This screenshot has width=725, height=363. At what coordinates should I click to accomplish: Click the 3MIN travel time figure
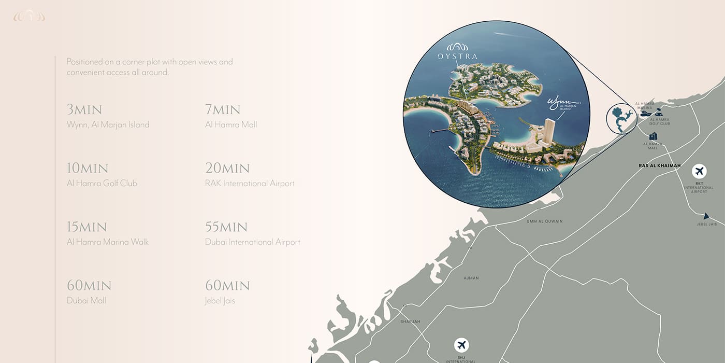coord(84,110)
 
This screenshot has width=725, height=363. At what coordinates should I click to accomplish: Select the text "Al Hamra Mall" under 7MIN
coord(231,124)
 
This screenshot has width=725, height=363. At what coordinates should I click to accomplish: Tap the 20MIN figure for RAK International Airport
coord(227,169)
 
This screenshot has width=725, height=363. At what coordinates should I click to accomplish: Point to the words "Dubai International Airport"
coord(253,242)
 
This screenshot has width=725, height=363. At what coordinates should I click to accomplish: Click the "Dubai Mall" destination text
coord(86,300)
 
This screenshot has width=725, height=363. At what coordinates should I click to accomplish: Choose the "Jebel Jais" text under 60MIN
coord(220,300)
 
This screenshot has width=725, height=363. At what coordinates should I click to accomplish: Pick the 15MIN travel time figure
coord(87,227)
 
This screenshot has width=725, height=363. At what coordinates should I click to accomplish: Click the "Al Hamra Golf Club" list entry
coord(102,183)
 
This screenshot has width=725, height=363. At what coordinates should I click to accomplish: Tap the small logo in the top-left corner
coord(29,17)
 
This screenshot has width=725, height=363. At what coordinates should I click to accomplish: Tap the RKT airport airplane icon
coord(699,171)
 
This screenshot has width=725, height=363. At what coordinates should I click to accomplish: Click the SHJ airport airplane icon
coord(461,345)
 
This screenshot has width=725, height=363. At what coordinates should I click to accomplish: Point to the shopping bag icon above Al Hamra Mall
coord(653,136)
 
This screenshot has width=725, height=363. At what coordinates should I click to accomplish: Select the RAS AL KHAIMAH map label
coord(659,166)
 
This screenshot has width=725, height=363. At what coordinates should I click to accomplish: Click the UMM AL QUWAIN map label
coord(544,221)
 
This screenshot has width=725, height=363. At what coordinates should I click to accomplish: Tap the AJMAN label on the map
coord(471,278)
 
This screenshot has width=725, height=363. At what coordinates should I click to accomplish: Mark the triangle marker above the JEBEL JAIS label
coord(706,216)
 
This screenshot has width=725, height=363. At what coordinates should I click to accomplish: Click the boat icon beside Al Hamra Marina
coord(645,113)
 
